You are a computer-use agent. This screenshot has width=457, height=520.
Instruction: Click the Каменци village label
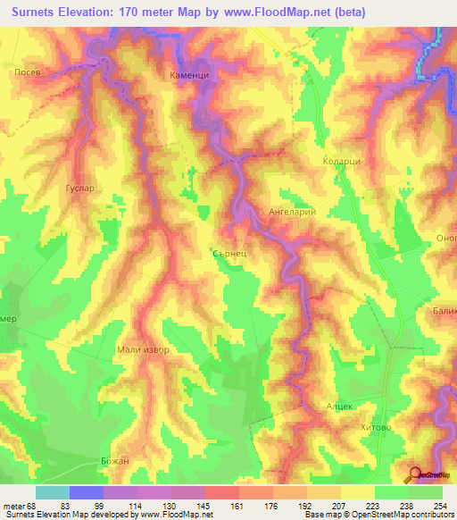189,77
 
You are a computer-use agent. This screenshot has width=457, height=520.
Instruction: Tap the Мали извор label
143,350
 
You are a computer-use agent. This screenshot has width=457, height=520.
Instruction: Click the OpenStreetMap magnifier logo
417,475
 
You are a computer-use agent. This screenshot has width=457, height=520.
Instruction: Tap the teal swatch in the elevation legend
53,491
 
